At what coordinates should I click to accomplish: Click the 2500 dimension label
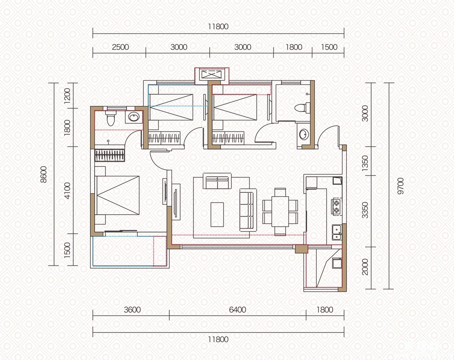click(x=120, y=47)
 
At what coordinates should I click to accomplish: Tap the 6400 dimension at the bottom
click(x=237, y=310)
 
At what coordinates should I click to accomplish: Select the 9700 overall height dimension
click(x=400, y=186)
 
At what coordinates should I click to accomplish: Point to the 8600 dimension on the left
click(x=44, y=174)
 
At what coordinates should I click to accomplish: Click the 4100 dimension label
click(x=67, y=191)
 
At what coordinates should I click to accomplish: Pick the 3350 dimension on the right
click(x=365, y=210)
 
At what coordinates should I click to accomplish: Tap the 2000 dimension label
click(x=365, y=267)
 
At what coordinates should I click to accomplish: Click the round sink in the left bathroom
click(x=134, y=117)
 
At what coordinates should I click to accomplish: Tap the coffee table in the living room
click(x=217, y=214)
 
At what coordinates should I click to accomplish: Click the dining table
click(x=280, y=212)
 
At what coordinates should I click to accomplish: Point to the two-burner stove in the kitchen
click(x=337, y=207)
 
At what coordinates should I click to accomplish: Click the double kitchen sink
click(x=337, y=232)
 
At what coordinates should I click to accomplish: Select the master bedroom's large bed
click(x=117, y=195)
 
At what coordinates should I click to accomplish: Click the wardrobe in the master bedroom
click(x=110, y=155)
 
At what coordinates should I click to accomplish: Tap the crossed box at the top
click(x=212, y=75)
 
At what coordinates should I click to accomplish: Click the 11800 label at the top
click(x=218, y=27)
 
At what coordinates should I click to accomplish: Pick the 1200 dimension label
click(x=67, y=95)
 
